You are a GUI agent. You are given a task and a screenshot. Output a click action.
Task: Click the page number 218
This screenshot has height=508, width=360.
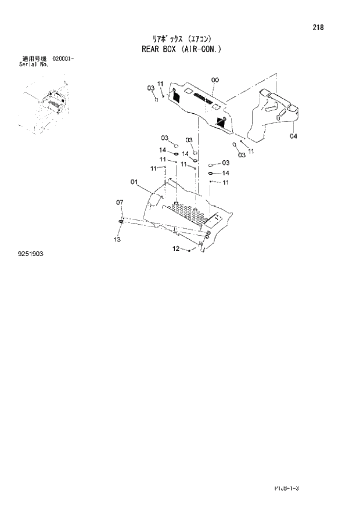(x=318, y=27)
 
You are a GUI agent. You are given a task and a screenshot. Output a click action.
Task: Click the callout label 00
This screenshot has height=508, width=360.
(x=215, y=80)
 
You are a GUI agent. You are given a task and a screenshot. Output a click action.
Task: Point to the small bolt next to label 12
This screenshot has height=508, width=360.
(x=190, y=251)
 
